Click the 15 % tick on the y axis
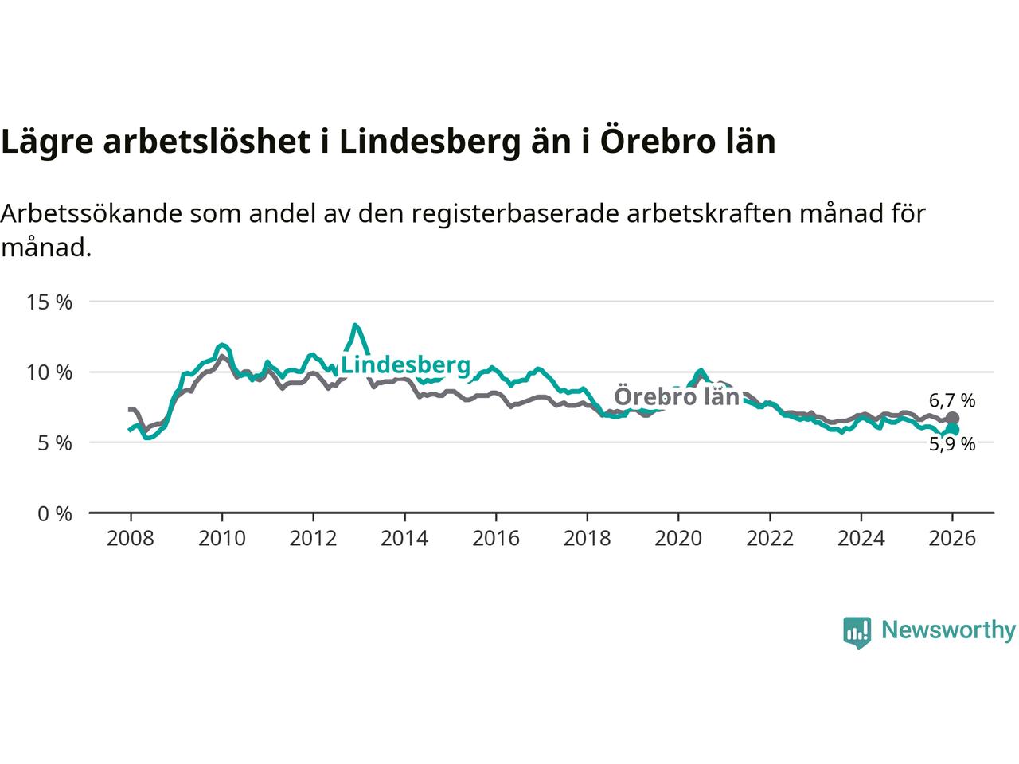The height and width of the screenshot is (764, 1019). [49, 302]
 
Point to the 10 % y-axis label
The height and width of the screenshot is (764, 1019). [49, 372]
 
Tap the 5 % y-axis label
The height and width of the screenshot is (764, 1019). [55, 442]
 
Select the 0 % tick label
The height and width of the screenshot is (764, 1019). [55, 513]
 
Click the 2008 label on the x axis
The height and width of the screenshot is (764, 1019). [131, 539]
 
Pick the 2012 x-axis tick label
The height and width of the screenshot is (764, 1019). [313, 539]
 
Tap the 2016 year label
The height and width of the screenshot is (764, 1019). [496, 539]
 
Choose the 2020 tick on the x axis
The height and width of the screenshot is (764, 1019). [678, 539]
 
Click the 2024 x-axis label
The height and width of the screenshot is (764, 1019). [861, 539]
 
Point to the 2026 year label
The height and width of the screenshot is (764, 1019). [952, 539]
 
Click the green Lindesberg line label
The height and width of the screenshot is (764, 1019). [405, 365]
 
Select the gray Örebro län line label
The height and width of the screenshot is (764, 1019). [677, 396]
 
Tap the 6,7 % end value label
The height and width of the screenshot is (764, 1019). [951, 400]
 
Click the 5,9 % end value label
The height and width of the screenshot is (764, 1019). [951, 444]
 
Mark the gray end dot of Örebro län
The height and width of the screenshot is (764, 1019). [953, 418]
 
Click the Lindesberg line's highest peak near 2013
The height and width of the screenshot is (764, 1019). [355, 325]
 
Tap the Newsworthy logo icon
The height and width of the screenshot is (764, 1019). [857, 632]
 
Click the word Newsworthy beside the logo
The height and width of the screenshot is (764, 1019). [948, 630]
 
